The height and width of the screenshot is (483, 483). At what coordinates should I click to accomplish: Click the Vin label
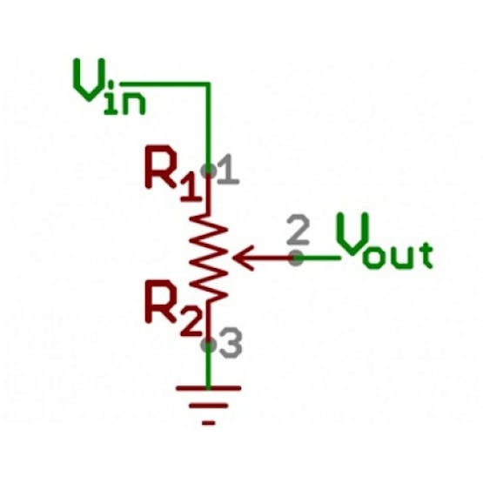109,87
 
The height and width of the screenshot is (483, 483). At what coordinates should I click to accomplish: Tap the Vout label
385,240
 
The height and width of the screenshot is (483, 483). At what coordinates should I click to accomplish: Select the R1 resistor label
174,173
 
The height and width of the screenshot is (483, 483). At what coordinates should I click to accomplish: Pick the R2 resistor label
174,308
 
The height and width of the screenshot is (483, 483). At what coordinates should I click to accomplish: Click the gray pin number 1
228,170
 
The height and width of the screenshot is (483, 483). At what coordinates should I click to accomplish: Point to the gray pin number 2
298,231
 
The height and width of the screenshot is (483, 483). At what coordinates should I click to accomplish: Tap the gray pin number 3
231,343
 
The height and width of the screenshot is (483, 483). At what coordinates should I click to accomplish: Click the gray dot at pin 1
209,171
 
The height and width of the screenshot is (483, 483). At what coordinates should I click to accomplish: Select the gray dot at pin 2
297,258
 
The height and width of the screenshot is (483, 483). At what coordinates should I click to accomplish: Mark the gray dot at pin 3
209,345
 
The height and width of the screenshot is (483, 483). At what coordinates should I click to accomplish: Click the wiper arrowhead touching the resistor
244,258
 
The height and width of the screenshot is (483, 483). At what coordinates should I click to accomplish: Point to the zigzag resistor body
209,258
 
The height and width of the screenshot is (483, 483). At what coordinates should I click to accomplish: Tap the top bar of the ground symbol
209,388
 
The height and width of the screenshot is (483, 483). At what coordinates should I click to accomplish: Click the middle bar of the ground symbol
209,406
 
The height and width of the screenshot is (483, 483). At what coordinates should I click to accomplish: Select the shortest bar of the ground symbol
209,423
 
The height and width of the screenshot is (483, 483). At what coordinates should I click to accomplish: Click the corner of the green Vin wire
209,84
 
